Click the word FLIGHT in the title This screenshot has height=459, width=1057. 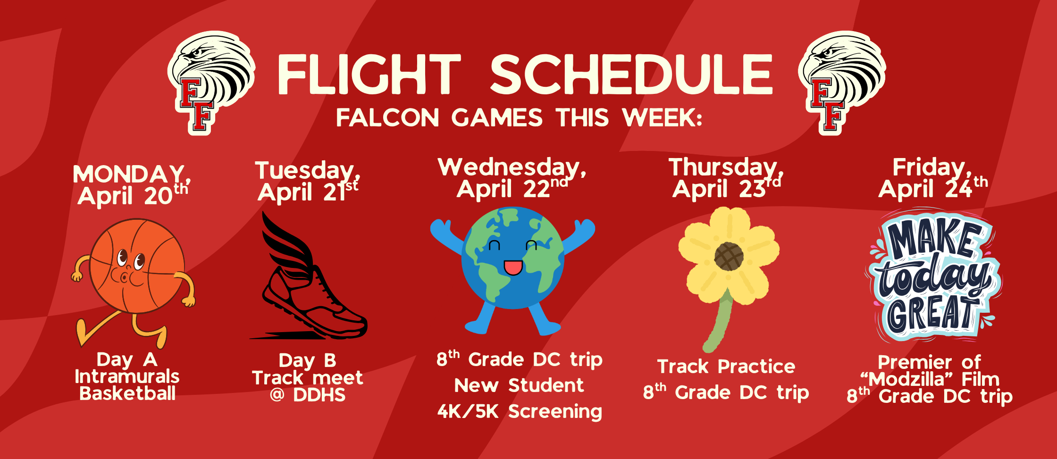[369, 74]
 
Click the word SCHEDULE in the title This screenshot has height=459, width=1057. [631, 74]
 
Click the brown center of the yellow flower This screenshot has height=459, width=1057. [729, 256]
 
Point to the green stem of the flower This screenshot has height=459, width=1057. [720, 321]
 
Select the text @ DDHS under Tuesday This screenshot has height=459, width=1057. [308, 395]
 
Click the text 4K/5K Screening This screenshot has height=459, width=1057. [520, 412]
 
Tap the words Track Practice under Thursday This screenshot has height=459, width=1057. [726, 367]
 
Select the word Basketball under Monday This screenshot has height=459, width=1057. [127, 393]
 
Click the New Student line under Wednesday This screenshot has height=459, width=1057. [519, 385]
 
